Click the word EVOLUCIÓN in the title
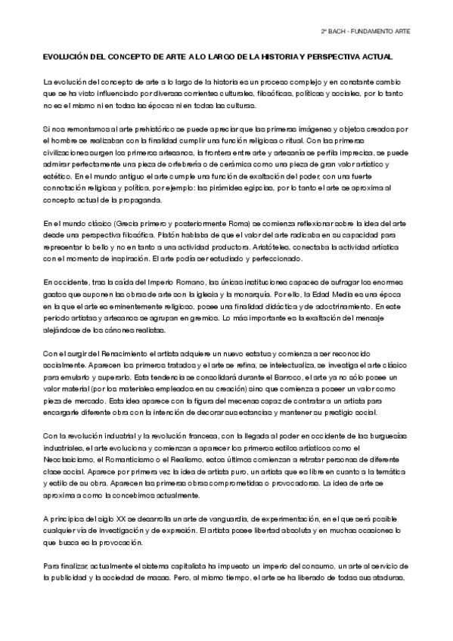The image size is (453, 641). point(65,58)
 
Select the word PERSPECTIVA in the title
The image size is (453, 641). point(333,58)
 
